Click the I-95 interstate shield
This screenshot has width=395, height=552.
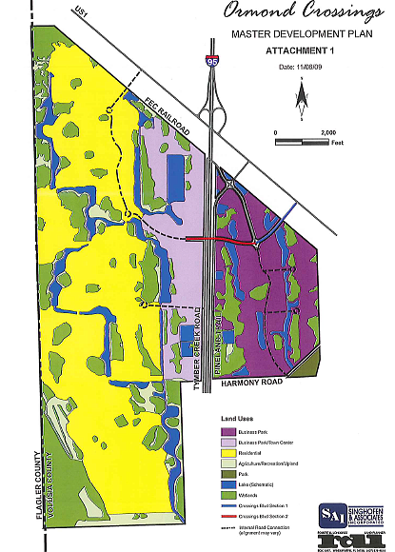click(x=208, y=62)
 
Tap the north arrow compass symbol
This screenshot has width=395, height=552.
click(x=301, y=95)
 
